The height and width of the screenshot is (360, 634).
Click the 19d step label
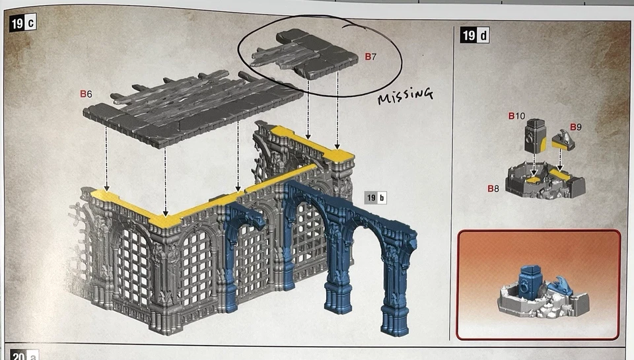point(475,35)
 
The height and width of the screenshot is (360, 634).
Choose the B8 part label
point(494,188)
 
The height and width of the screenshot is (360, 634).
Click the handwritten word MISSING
point(405,97)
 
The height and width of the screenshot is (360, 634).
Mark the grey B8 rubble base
point(545,182)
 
